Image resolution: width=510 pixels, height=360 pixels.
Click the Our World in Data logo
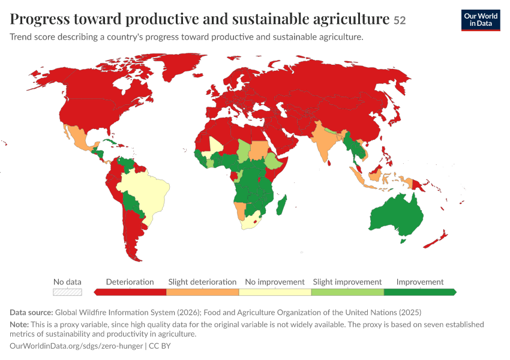pos(481,20)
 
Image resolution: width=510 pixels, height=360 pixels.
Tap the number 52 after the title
pos(400,20)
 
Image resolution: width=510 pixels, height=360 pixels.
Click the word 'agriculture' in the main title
pos(351,19)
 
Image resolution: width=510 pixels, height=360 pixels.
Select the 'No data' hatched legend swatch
pos(67,292)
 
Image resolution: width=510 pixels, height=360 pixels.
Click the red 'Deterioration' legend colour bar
pos(130,292)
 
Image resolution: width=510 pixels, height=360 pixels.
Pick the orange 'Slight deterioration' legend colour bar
pos(203,292)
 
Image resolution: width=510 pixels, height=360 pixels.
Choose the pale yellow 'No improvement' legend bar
pos(275,292)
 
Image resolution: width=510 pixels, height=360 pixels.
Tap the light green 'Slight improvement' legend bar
pos(347,292)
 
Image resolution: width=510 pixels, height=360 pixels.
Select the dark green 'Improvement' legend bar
pos(420,292)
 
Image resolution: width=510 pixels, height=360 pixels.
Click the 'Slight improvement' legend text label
pos(347,282)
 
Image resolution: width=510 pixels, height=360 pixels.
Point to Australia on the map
pos(397,215)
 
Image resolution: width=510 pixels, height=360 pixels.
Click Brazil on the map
pos(146,192)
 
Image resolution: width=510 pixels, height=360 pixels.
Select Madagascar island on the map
pos(281,205)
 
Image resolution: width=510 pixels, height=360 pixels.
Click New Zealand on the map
pos(436,239)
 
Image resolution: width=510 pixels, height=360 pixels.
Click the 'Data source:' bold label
pos(31,313)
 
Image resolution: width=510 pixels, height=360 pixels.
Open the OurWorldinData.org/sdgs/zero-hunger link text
pos(76,346)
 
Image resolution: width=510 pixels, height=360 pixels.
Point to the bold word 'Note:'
pos(19,325)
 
